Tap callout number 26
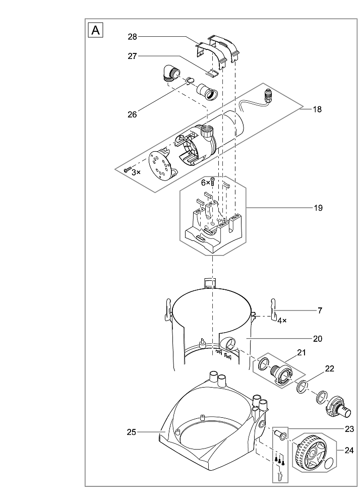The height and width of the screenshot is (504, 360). click(132, 114)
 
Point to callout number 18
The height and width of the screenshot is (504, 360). click(317, 109)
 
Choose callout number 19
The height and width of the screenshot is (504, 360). click(317, 208)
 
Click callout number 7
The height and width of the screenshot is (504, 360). click(319, 310)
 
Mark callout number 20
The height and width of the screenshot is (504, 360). click(317, 338)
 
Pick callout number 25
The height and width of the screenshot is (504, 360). click(132, 431)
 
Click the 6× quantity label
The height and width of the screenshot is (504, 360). click(206, 183)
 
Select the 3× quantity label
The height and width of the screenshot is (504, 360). click(136, 172)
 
